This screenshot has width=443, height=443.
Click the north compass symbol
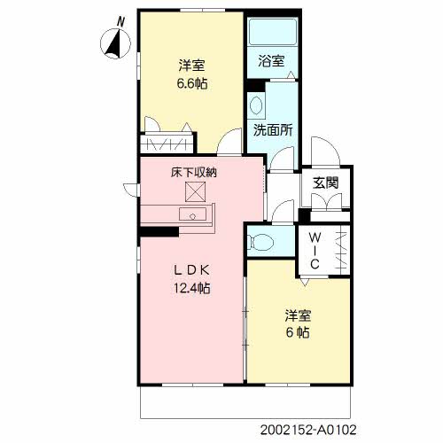(x=115, y=43)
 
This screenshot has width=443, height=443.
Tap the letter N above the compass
(x=120, y=22)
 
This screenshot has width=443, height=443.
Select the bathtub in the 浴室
(x=272, y=32)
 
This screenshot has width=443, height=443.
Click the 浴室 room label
(x=271, y=61)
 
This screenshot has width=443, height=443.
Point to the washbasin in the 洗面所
(x=256, y=105)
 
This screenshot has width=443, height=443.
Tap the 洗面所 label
(x=273, y=130)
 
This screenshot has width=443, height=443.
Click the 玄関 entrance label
(x=325, y=183)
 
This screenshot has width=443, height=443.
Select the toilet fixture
(x=260, y=242)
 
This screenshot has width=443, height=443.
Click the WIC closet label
(x=315, y=251)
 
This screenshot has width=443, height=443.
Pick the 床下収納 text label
(x=194, y=172)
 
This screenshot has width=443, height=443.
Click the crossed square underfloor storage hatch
(x=195, y=191)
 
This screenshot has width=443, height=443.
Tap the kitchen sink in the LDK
(x=192, y=214)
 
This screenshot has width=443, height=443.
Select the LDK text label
(x=192, y=270)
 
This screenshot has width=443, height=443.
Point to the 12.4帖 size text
(x=191, y=288)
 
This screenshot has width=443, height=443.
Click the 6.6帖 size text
(x=192, y=83)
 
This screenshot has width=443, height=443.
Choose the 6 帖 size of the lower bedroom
(x=298, y=332)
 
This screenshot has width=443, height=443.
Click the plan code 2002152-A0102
(x=308, y=430)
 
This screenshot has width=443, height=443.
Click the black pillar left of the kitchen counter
(x=159, y=231)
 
